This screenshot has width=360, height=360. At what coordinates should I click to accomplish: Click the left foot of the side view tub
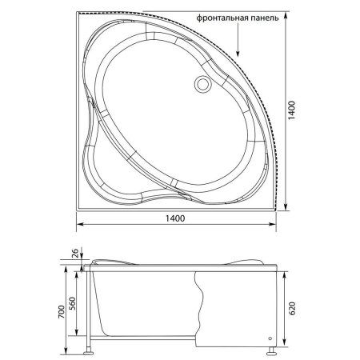[x=90, y=350]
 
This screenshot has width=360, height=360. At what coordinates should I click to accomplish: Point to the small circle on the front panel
[x=270, y=337]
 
